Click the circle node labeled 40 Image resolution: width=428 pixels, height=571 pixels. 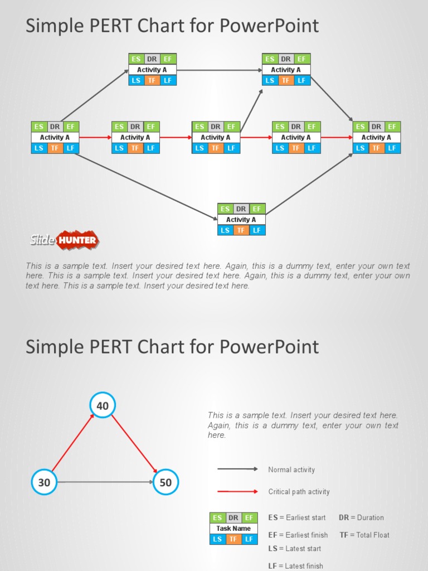coord(103,406)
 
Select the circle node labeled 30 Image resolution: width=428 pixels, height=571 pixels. coord(44,482)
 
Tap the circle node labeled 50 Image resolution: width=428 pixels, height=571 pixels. coord(166,482)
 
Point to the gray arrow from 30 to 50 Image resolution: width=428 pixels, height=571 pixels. coord(105,482)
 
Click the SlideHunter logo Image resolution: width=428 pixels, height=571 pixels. coord(64,240)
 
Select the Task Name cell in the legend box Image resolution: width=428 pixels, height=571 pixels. coord(234,528)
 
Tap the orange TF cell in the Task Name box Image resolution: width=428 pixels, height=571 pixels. coord(234,539)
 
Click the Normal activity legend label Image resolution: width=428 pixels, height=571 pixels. coord(291,470)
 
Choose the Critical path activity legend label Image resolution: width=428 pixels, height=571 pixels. coord(299,492)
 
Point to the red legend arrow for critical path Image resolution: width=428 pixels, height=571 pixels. coord(237,492)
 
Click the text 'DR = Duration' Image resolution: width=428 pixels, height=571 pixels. coord(361,517)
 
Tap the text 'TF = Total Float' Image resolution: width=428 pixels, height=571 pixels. coord(364,535)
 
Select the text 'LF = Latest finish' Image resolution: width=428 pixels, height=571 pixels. coord(295,566)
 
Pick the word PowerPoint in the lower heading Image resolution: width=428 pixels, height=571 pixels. coord(269,347)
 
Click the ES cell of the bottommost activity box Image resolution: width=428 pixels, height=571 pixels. coord(225,209)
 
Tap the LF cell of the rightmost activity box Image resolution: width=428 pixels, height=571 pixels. coord(392,148)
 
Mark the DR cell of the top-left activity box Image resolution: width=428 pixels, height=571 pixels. coord(152,59)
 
